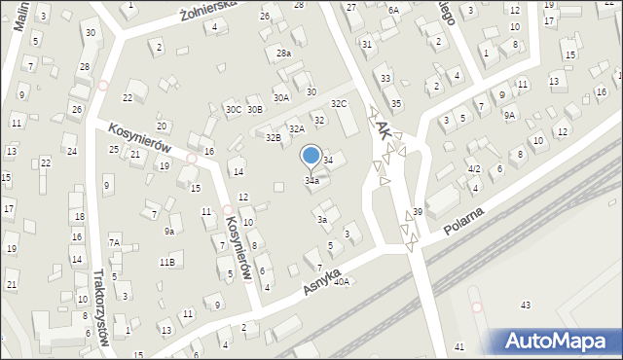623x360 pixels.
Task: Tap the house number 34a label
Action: pos(311,180)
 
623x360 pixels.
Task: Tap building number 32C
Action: pos(338,103)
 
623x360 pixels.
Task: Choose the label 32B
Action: pos(274,138)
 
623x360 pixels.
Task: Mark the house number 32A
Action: pos(296,128)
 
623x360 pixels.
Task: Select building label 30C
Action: pos(234,110)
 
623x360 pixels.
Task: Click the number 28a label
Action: pos(283,54)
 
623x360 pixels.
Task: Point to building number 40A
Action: pos(341,282)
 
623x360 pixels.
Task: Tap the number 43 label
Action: pos(526,306)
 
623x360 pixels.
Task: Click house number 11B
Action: pos(167,262)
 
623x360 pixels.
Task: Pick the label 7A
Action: pos(114,242)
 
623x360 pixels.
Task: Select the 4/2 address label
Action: pos(474,169)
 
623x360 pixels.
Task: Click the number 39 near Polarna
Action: pos(418,212)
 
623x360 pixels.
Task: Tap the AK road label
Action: pos(383,127)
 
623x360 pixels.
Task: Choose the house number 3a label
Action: pos(321,220)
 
